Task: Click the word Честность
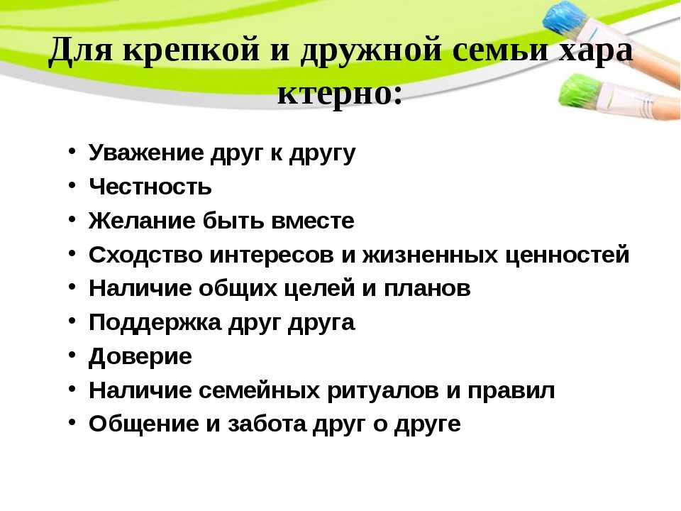click(150, 187)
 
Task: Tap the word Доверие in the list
click(140, 357)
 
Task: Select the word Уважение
click(146, 153)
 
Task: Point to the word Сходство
click(145, 255)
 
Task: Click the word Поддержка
click(155, 323)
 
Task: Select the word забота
click(267, 424)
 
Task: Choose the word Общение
click(144, 424)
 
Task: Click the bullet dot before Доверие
click(72, 355)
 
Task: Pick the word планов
click(427, 289)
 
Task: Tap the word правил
click(511, 391)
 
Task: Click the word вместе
click(313, 221)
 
